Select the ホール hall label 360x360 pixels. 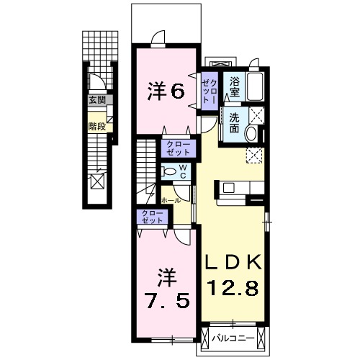[170, 199]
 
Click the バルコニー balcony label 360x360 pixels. [235, 336]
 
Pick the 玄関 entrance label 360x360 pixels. [96, 101]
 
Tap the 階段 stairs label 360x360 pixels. [96, 126]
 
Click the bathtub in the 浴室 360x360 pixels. [255, 86]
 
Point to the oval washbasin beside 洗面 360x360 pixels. [251, 133]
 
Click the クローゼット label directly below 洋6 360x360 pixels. [176, 149]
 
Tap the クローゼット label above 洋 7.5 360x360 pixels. [151, 217]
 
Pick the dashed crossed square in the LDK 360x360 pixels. [253, 153]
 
